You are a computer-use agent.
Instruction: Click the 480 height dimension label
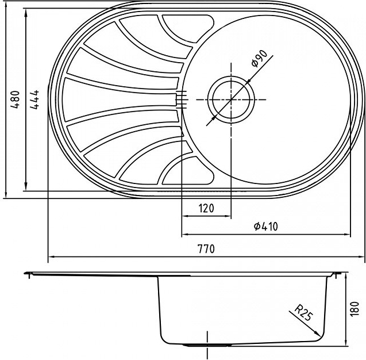click(x=16, y=99)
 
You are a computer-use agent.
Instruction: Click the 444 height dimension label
click(x=35, y=99)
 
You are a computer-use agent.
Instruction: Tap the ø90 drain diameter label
click(x=259, y=58)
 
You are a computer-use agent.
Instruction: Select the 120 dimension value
click(x=206, y=208)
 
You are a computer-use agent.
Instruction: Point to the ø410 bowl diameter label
click(x=266, y=226)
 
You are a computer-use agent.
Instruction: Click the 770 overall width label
click(x=206, y=249)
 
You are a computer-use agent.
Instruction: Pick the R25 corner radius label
click(x=303, y=313)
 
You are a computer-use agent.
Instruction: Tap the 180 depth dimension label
click(x=355, y=309)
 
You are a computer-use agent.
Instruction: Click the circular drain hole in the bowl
click(x=231, y=99)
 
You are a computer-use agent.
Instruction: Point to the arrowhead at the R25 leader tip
click(x=318, y=332)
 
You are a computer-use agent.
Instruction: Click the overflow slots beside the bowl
click(x=182, y=99)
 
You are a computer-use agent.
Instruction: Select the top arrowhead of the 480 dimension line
click(x=6, y=4)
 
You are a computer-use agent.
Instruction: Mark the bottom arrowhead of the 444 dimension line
click(x=26, y=187)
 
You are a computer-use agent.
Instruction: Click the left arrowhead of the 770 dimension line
click(x=51, y=256)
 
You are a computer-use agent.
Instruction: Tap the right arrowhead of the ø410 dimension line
click(x=347, y=234)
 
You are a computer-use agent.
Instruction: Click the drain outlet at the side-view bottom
click(x=207, y=345)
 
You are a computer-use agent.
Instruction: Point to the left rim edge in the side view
click(x=28, y=273)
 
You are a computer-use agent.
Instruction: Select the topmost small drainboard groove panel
click(x=187, y=29)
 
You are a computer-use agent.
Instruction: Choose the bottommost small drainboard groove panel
click(x=187, y=170)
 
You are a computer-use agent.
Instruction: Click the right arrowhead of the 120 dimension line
click(x=228, y=216)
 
